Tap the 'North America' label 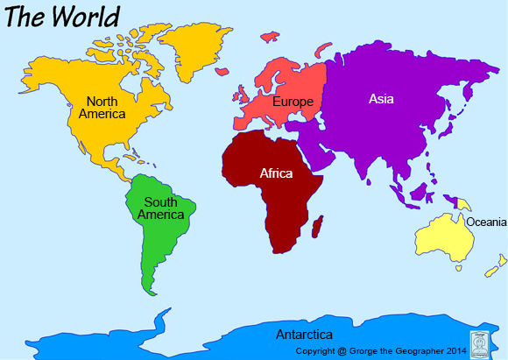[102, 107]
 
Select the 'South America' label [160, 208]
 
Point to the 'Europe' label [293, 102]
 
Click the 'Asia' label [381, 99]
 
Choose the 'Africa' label [276, 173]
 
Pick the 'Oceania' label [485, 222]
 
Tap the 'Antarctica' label [304, 335]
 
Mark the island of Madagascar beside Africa [318, 229]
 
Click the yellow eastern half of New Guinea [463, 204]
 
